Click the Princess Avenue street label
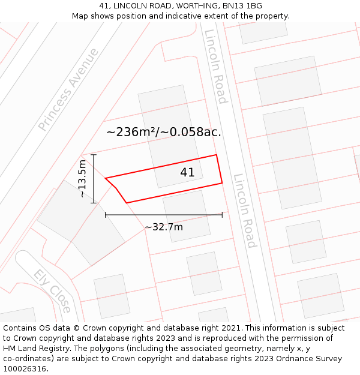point(68,89)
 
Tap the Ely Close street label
point(52,291)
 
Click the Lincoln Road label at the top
point(216,66)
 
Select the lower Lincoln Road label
point(245,211)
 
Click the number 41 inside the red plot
point(187,173)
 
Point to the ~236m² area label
point(164,132)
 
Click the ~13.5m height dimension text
point(82,178)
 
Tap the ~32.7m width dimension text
point(164,227)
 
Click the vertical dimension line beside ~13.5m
point(94,179)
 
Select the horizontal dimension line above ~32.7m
point(164,214)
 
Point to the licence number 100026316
point(25,369)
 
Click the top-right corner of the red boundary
point(216,155)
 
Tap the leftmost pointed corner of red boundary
point(106,178)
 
